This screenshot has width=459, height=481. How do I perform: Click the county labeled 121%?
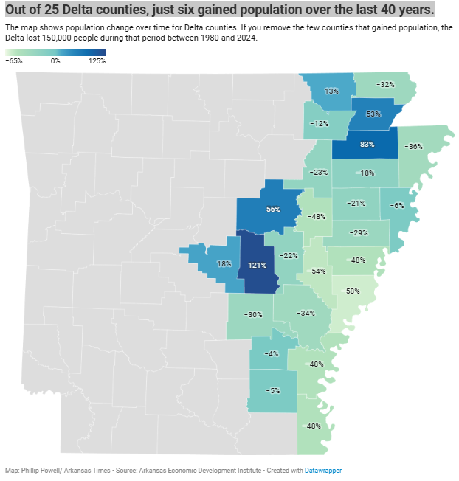(258, 266)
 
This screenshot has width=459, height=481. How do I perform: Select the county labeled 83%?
(367, 144)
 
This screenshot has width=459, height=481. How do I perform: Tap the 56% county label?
(273, 209)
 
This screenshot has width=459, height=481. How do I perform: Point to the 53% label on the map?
(373, 114)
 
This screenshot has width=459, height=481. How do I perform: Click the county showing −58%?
(352, 291)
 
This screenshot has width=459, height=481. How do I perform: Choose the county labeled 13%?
(331, 91)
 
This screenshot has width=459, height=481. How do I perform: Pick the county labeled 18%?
(224, 263)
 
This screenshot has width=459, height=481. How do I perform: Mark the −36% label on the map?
(414, 146)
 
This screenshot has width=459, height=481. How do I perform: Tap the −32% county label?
(384, 85)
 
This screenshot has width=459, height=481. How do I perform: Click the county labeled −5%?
(272, 390)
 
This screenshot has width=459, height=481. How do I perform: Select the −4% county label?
(271, 354)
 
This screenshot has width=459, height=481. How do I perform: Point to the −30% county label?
(254, 314)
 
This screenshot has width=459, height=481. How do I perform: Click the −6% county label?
(396, 205)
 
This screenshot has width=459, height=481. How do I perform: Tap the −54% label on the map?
(317, 271)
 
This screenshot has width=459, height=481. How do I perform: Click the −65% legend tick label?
(13, 61)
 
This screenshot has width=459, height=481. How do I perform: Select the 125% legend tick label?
(97, 61)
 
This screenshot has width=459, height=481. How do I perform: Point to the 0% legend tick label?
(55, 61)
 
